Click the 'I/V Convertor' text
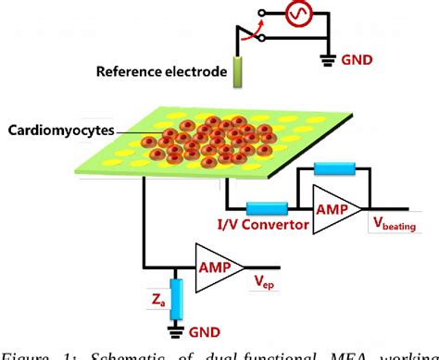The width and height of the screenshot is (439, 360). click(262, 225)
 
